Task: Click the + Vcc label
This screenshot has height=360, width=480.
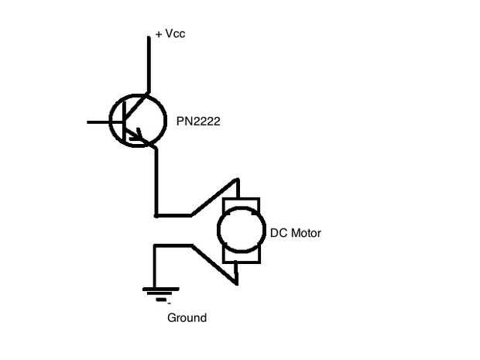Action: [170, 34]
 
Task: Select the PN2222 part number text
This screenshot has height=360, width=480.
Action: [198, 121]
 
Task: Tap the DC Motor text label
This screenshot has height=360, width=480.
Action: [295, 233]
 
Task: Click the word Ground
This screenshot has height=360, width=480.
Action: [187, 317]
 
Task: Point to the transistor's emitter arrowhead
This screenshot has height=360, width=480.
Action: [140, 139]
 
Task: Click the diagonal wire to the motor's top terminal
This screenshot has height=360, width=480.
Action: [213, 198]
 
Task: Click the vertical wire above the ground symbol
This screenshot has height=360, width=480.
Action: [155, 267]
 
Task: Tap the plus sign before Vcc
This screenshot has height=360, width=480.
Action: [159, 35]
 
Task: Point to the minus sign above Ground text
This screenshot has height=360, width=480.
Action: [169, 303]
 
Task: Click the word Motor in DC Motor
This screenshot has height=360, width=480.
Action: [304, 233]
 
